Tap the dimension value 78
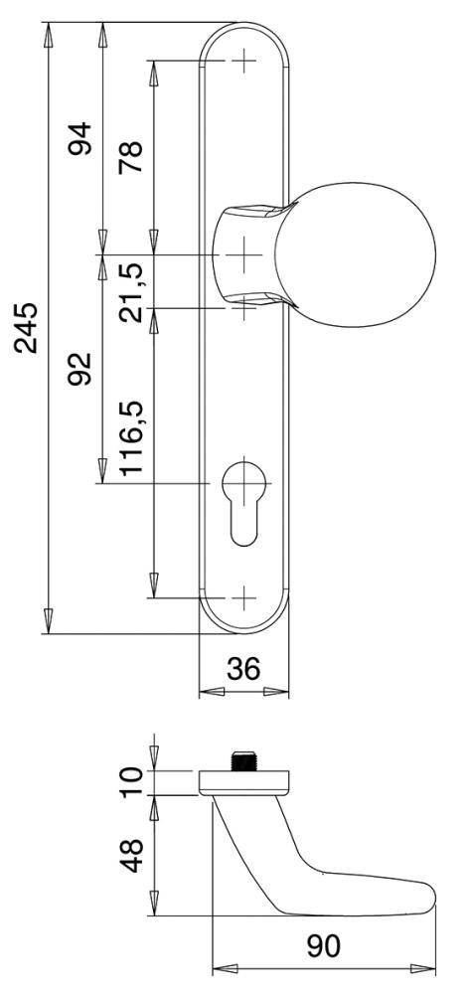[131, 156]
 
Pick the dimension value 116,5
[131, 438]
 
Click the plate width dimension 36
[244, 670]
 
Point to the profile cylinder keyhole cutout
[243, 502]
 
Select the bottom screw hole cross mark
[243, 598]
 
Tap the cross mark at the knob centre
[243, 255]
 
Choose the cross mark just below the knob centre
[243, 306]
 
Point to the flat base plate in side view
[243, 781]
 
